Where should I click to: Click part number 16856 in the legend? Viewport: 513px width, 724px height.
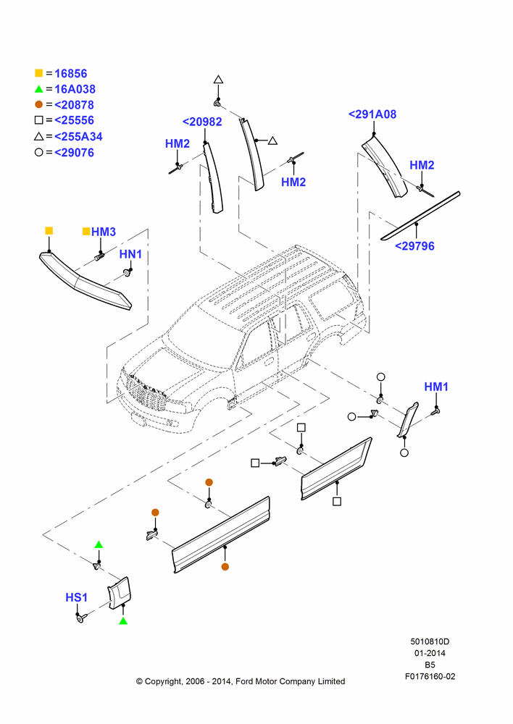click(71, 73)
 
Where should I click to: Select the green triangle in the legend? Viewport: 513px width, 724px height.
click(39, 89)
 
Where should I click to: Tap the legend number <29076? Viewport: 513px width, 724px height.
click(74, 152)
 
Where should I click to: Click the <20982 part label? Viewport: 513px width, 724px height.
click(202, 122)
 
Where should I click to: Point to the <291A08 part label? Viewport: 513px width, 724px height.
click(372, 114)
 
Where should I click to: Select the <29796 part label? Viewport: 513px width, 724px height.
click(414, 246)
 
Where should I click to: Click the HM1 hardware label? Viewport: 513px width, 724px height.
click(436, 387)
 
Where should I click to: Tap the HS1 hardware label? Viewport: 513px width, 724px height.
click(76, 597)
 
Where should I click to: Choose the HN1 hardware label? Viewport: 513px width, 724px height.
click(131, 254)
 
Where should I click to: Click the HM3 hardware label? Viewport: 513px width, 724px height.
click(104, 232)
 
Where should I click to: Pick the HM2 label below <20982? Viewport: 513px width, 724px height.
click(178, 143)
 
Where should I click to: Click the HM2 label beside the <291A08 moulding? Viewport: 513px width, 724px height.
click(422, 165)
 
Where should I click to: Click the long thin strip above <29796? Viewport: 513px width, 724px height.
click(420, 216)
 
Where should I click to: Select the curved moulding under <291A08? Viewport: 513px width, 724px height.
click(385, 167)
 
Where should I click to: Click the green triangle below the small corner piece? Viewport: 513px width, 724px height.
click(123, 621)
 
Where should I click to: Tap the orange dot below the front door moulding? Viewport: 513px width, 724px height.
click(225, 567)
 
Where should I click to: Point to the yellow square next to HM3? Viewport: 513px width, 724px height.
click(86, 232)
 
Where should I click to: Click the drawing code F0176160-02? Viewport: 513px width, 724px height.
click(430, 676)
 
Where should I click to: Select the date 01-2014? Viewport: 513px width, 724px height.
click(430, 653)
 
